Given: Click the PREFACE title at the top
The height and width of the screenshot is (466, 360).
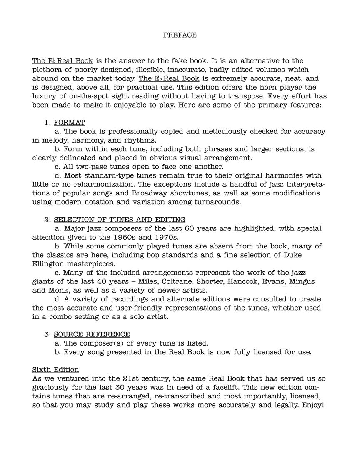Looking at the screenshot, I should pos(180,35).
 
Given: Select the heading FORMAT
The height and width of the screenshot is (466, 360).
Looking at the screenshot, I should pos(69,123).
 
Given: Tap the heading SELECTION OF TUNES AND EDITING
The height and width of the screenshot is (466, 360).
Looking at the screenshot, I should pos(120,220).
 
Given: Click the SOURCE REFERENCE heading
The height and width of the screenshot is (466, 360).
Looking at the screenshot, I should pos(92,334).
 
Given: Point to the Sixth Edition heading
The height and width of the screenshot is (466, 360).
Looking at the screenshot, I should pos(55,370).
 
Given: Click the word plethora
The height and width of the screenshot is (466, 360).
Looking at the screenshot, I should pos(48,70).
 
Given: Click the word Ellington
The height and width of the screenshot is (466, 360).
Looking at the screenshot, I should pos(49,264).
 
